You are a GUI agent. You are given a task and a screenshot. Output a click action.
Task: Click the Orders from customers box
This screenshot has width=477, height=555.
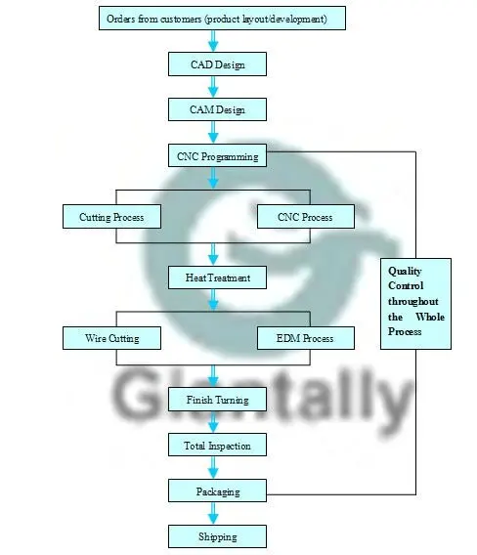coord(222,18)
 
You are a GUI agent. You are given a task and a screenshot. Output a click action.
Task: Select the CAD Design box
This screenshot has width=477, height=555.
coord(217,64)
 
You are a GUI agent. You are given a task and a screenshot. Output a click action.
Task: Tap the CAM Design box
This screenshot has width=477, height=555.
coord(217,109)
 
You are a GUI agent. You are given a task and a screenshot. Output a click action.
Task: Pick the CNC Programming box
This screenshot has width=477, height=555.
coord(217,155)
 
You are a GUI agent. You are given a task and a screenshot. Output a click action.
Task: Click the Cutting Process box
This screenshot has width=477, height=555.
coord(111,216)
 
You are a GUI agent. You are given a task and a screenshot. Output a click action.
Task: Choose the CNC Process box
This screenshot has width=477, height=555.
coord(306,216)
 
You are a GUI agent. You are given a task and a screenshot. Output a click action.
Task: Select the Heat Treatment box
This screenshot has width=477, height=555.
coord(217,277)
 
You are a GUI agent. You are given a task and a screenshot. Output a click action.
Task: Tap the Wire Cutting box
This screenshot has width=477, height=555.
coord(111,338)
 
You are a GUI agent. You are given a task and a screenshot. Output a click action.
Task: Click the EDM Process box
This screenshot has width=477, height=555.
coord(306,338)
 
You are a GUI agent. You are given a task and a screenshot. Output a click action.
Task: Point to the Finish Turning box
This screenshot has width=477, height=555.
coord(217,400)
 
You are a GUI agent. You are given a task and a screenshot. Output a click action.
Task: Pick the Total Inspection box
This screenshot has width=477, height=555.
coord(217,445)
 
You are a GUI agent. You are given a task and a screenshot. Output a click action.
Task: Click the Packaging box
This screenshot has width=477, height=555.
coord(217,491)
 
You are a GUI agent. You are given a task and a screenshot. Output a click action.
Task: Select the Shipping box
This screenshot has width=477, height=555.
coord(217,536)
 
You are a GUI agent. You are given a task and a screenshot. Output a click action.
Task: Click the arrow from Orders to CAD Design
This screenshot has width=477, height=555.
coord(213,41)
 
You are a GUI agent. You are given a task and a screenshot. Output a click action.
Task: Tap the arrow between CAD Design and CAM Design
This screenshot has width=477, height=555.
coord(213,87)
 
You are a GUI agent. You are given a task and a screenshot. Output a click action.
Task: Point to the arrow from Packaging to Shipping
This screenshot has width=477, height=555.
coord(213,513)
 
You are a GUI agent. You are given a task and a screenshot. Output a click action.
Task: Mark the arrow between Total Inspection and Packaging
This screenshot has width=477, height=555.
coord(213,468)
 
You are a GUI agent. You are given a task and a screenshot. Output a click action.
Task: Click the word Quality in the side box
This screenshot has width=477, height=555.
coord(405,271)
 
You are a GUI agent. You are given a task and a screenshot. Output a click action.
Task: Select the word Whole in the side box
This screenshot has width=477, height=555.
coord(430,317)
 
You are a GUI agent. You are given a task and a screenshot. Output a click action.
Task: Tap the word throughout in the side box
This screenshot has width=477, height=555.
coord(413,301)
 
